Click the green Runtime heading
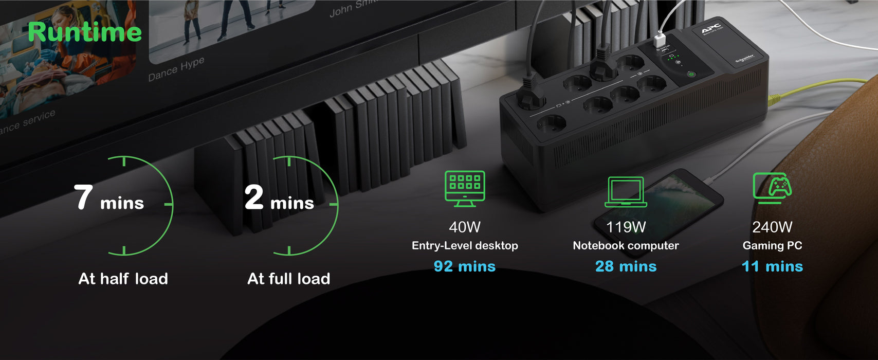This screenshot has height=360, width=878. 85,32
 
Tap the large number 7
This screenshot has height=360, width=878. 83,197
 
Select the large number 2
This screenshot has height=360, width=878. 254,197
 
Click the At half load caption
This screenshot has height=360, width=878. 123,279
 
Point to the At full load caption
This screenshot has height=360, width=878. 289,279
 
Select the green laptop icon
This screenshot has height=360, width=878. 626,192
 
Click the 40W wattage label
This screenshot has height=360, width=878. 465,227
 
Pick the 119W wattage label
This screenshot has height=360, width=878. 626,227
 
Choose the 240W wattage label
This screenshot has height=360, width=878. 772,227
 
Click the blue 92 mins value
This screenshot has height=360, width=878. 465,266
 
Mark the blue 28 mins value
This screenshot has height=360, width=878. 626,266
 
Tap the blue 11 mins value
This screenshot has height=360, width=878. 772,266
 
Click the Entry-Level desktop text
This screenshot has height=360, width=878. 465,246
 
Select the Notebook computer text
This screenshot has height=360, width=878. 626,246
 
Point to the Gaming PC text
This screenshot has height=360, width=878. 772,246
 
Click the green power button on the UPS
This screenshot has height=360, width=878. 691,74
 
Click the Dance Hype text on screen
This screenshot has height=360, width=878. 176,69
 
